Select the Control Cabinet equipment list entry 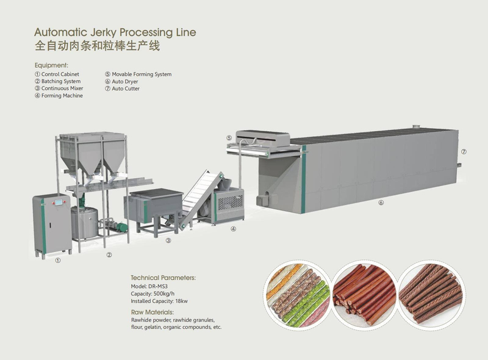point(57,74)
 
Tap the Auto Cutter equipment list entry point(123,88)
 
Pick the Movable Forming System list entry point(138,74)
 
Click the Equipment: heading point(51,65)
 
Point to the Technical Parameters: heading point(163,278)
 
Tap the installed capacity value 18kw point(181,301)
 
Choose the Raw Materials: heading point(152,312)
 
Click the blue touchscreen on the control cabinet point(59,203)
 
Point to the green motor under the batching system point(122,227)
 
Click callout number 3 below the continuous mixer point(168,240)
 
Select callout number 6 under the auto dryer point(381,203)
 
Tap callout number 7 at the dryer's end point(464,152)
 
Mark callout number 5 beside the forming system point(229,138)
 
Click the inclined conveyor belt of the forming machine point(199,196)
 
